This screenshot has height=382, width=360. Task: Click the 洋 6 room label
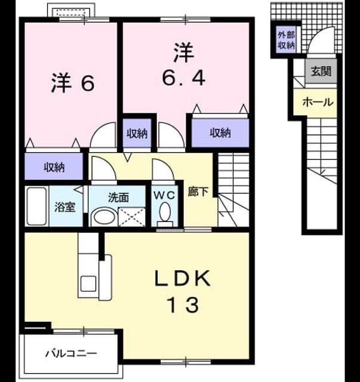73,83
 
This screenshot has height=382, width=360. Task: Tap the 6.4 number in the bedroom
184,78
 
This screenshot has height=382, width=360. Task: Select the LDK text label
182,278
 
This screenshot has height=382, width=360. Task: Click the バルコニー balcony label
71,353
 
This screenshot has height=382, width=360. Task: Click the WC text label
164,195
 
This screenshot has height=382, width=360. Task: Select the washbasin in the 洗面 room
104,216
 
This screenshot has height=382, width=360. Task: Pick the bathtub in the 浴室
36,206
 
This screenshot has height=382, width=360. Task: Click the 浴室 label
64,207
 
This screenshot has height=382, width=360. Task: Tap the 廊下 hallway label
198,192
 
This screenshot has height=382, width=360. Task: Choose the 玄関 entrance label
321,72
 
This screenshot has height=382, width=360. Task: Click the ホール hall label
318,102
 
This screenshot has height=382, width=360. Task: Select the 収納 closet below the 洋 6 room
54,167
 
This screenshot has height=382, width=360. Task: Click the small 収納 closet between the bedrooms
137,133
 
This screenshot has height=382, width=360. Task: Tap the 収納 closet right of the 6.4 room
220,133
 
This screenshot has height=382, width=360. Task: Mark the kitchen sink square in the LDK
88,284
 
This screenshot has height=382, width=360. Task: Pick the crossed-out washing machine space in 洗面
131,217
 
